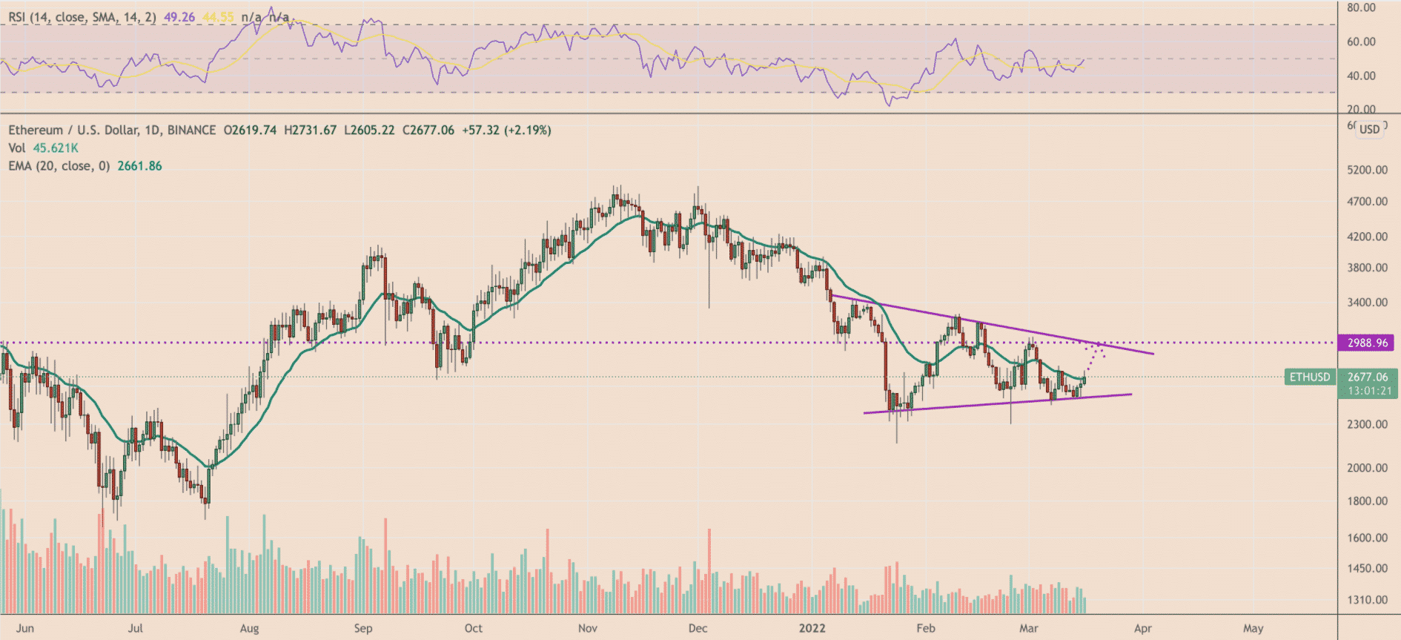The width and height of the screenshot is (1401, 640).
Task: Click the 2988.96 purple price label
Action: coord(1367,343)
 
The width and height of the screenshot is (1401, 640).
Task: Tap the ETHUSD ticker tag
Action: coord(1309,377)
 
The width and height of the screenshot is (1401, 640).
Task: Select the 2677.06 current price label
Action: coord(1368,377)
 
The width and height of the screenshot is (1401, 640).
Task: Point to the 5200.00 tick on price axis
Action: coord(1368,170)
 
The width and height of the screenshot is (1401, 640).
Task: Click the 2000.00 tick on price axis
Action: coord(1368,468)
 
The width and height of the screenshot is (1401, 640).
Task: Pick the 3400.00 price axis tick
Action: coord(1368,303)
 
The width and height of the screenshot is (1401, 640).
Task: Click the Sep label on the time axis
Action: coord(363,628)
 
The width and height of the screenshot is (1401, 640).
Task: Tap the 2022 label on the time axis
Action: coord(812,628)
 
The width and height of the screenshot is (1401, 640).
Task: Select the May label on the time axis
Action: coord(1253,628)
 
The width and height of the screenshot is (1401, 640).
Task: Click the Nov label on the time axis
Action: coord(587,628)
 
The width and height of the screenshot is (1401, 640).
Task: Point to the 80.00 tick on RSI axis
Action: coord(1362,7)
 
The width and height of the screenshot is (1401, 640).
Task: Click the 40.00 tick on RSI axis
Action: coord(1362,76)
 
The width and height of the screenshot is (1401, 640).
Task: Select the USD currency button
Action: coord(1369,129)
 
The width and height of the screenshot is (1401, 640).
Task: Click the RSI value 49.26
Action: coord(179,17)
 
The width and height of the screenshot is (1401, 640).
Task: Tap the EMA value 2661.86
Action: coord(139,166)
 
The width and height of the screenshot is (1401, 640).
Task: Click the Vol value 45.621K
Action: coord(56,148)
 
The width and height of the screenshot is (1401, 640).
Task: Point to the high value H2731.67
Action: coord(310,131)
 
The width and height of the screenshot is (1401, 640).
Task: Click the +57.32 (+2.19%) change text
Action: coord(506,131)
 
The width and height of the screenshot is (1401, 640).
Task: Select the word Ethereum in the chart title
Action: coord(36,131)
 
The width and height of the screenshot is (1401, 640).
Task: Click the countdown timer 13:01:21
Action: coord(1369,391)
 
